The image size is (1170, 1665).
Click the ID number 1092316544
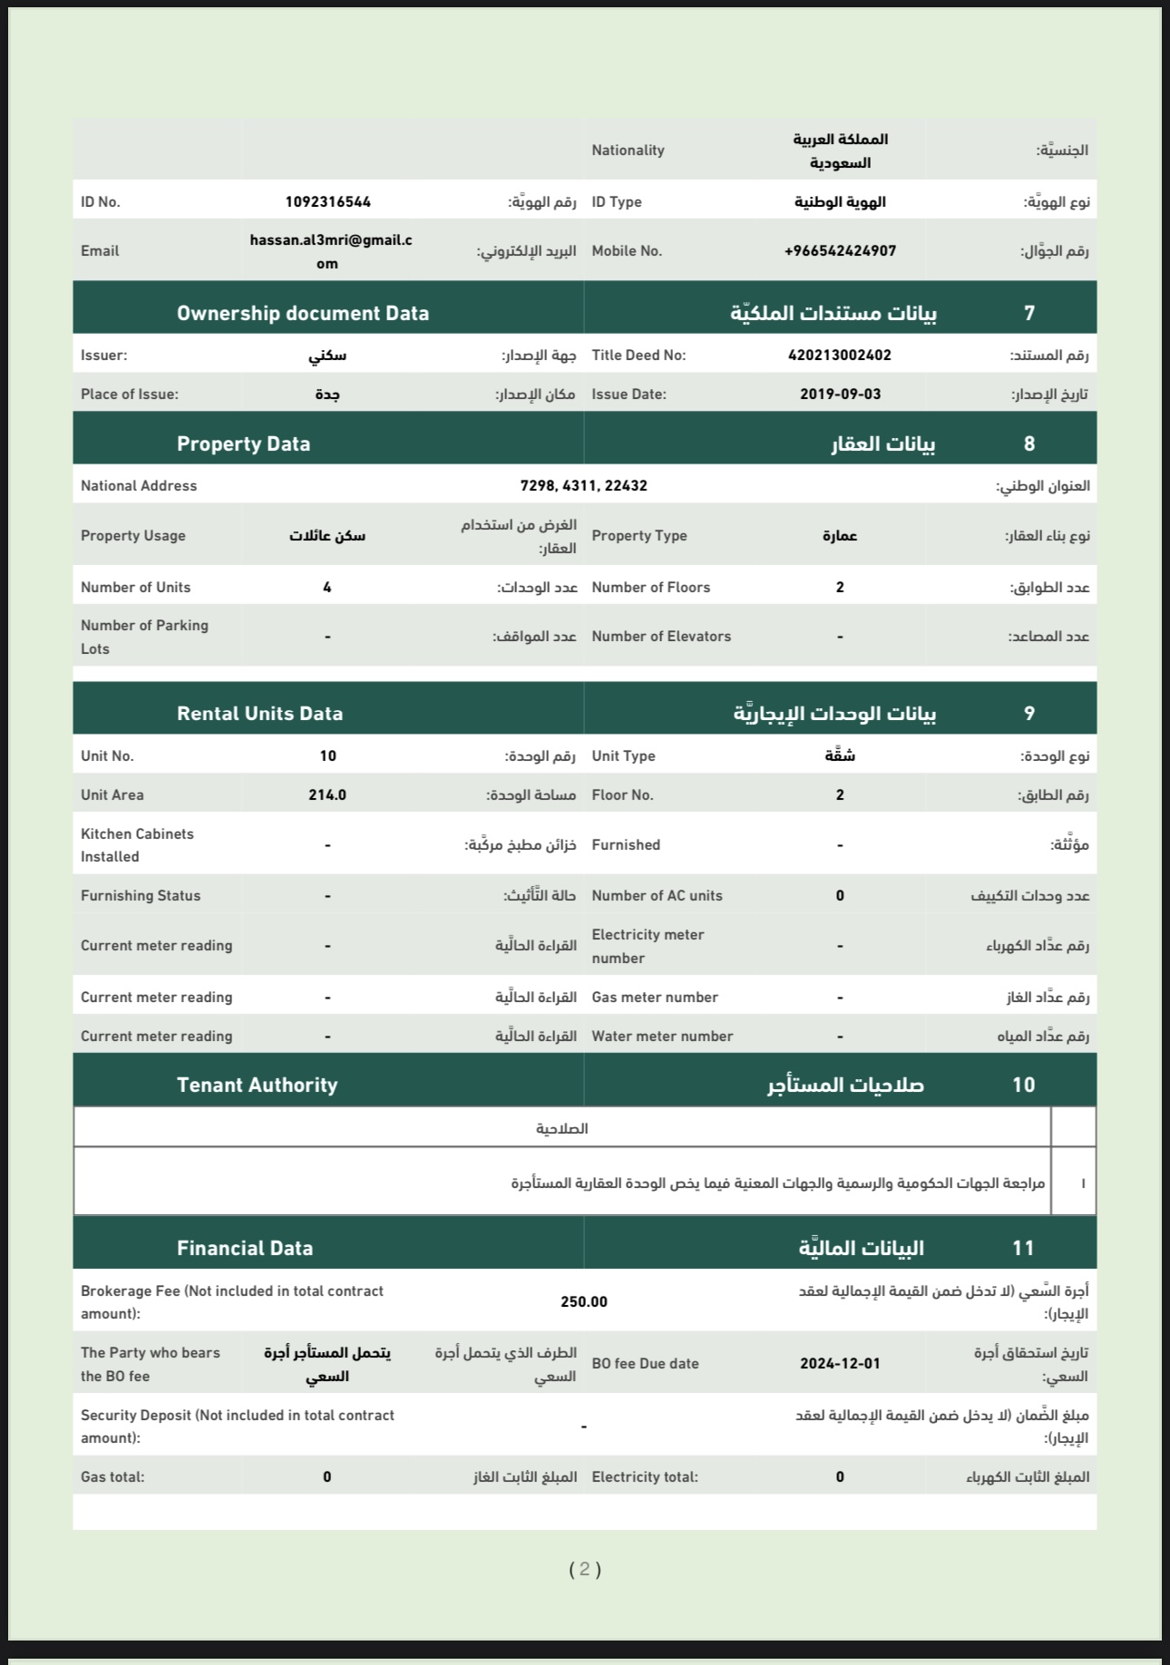tap(327, 202)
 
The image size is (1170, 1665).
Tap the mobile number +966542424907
tap(840, 251)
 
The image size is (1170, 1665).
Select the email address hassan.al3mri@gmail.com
tap(330, 251)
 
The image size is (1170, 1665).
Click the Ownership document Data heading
tap(303, 314)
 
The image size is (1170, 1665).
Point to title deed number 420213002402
tap(840, 355)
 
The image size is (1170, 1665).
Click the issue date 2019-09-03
tap(840, 394)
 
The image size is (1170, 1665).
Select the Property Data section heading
tap(243, 444)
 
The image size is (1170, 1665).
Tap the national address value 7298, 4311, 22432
tap(583, 486)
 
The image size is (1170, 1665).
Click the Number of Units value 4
tap(327, 588)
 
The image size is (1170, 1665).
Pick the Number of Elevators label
tap(661, 637)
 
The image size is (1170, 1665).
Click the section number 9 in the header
tap(1029, 714)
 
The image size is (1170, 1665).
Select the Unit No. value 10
tap(327, 756)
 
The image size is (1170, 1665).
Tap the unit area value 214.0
tap(327, 795)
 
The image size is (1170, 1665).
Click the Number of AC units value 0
tap(840, 896)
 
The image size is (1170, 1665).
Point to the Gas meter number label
tap(655, 998)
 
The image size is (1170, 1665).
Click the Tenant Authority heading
tap(257, 1086)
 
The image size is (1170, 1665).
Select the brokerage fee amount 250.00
tap(583, 1302)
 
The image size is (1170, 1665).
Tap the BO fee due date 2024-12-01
tap(840, 1364)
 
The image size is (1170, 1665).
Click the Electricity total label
tap(645, 1477)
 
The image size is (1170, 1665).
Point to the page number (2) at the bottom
tap(585, 1570)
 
